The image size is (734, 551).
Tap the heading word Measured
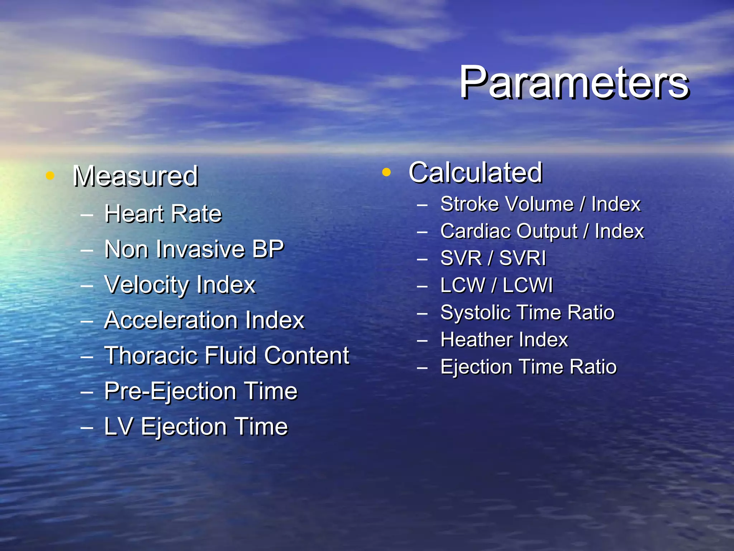click(x=135, y=176)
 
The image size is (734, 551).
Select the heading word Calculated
click(x=475, y=173)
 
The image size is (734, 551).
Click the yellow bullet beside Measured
click(x=50, y=176)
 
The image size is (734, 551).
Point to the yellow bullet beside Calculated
click(x=386, y=173)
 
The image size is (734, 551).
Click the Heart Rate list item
click(x=163, y=214)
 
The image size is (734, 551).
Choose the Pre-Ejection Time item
click(x=201, y=391)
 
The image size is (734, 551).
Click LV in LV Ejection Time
click(x=119, y=427)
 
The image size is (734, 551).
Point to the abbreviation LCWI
click(x=528, y=286)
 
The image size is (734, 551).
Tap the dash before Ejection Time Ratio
click(x=423, y=367)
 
